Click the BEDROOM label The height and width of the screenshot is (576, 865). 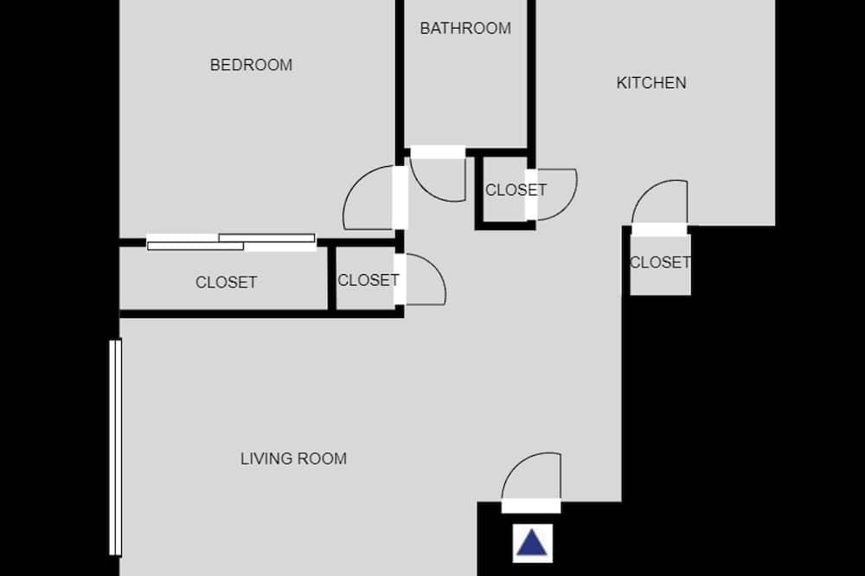251,65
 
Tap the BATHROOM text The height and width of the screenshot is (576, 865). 465,29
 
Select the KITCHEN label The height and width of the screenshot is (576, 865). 651,83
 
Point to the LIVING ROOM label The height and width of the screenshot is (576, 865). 293,458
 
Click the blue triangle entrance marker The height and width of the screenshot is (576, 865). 532,542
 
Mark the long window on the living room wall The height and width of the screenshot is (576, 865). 115,447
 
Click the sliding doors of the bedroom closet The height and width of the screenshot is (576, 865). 231,242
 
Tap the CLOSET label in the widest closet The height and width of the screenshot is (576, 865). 226,283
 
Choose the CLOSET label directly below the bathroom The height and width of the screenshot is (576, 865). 516,189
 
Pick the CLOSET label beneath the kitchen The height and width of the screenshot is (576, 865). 660,262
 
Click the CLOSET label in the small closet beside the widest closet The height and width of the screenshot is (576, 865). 368,280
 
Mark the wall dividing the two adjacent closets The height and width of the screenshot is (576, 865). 331,278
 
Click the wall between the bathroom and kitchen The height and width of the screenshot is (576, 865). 531,76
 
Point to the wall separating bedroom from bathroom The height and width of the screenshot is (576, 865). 400,77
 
